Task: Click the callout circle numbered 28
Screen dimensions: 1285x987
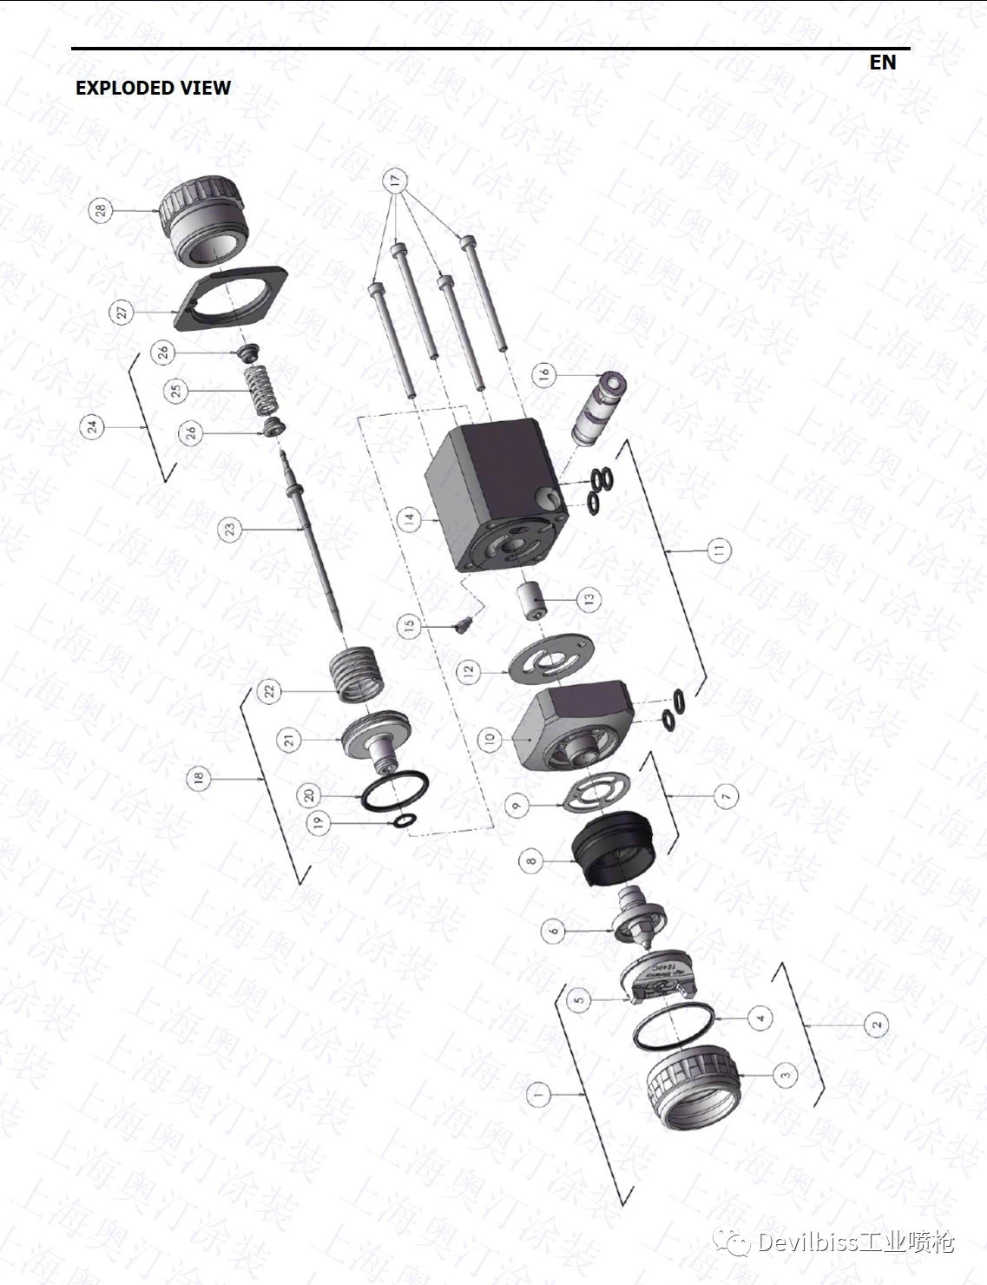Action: pyautogui.click(x=102, y=210)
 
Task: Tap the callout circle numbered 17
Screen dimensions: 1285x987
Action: pyautogui.click(x=396, y=181)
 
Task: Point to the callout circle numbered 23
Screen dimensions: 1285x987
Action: pyautogui.click(x=231, y=530)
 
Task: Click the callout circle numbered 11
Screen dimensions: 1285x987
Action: pyautogui.click(x=719, y=550)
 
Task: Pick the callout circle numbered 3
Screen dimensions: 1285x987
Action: pyautogui.click(x=785, y=1075)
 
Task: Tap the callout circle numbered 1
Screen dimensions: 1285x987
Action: pyautogui.click(x=539, y=1095)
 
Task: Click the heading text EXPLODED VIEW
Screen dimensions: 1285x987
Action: pyautogui.click(x=153, y=88)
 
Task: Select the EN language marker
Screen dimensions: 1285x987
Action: pyautogui.click(x=882, y=63)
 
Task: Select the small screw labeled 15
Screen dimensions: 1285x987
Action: pyautogui.click(x=464, y=624)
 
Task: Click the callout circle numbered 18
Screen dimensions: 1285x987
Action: pyautogui.click(x=201, y=780)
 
